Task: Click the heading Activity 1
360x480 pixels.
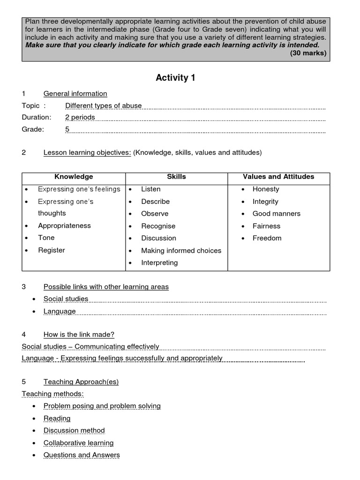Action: pyautogui.click(x=175, y=78)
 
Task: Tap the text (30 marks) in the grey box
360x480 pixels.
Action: pyautogui.click(x=308, y=53)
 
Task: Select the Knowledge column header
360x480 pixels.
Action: pyautogui.click(x=74, y=177)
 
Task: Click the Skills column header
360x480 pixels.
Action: pyautogui.click(x=176, y=177)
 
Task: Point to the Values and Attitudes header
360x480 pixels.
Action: pyautogui.click(x=278, y=177)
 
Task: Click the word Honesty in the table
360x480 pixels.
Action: pyautogui.click(x=265, y=189)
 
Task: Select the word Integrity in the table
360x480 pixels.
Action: pyautogui.click(x=265, y=202)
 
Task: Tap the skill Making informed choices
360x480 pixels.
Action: pyautogui.click(x=181, y=251)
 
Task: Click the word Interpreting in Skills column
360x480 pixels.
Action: pyautogui.click(x=159, y=263)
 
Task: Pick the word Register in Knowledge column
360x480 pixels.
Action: pyautogui.click(x=52, y=250)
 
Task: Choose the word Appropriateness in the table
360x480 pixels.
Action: pyautogui.click(x=64, y=225)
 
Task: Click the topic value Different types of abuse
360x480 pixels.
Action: pyautogui.click(x=103, y=106)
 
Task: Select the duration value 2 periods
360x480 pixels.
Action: pyautogui.click(x=80, y=117)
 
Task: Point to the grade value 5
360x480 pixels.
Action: pyautogui.click(x=67, y=129)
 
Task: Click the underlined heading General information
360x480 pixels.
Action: pyautogui.click(x=75, y=94)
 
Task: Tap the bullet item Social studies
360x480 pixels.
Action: pyautogui.click(x=66, y=299)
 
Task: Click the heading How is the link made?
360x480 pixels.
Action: pyautogui.click(x=79, y=335)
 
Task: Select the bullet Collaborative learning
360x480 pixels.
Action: pyautogui.click(x=78, y=443)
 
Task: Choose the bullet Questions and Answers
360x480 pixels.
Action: pyautogui.click(x=82, y=455)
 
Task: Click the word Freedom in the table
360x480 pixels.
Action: pyautogui.click(x=267, y=238)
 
